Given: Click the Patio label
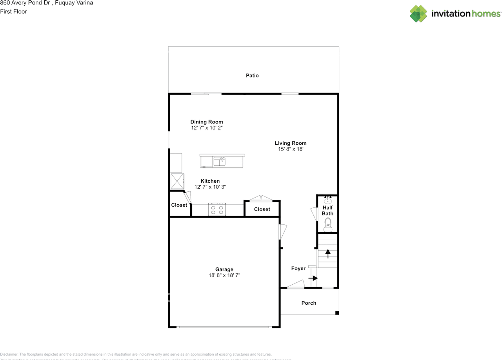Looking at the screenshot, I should [x=252, y=75].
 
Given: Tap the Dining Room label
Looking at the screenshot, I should [x=207, y=122].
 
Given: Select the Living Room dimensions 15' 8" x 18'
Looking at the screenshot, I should [x=291, y=149].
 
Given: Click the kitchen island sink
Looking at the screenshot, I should [x=220, y=161].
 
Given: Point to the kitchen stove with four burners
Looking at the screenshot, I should [x=217, y=209].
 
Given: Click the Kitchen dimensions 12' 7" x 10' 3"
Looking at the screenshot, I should [x=210, y=187].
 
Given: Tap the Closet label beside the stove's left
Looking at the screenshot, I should [x=179, y=205].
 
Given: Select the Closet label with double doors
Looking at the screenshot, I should [x=262, y=209].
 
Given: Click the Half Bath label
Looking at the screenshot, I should [x=327, y=211].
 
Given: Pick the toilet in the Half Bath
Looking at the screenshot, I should [x=328, y=224].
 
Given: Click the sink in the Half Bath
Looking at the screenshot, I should [x=328, y=200].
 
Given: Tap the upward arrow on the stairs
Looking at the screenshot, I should [x=328, y=253].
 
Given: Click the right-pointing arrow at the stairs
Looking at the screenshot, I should [x=313, y=278].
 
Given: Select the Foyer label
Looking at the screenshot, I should [x=298, y=269].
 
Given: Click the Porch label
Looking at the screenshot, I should [x=309, y=303].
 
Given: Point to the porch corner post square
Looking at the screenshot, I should [x=337, y=313].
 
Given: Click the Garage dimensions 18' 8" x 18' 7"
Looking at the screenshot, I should [x=224, y=275].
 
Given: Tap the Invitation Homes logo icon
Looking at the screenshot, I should [x=418, y=14].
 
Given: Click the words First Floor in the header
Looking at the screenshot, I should [x=14, y=11].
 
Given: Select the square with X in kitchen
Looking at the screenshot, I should [x=176, y=181].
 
